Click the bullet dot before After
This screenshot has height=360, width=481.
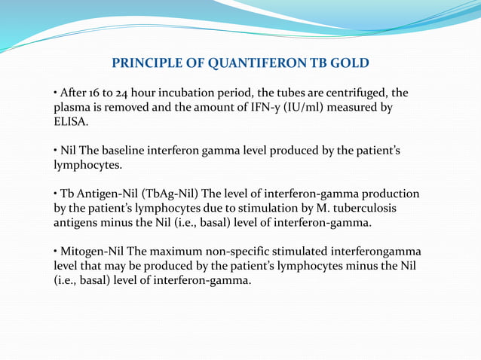click(55, 93)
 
